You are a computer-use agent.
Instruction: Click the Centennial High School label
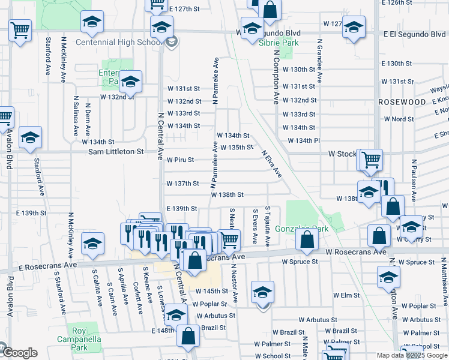[119, 43]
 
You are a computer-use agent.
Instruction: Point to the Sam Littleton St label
[116, 152]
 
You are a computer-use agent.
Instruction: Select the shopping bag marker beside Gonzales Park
[307, 240]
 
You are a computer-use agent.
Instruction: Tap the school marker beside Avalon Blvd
[30, 138]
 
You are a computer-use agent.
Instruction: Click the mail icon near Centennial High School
[172, 42]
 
